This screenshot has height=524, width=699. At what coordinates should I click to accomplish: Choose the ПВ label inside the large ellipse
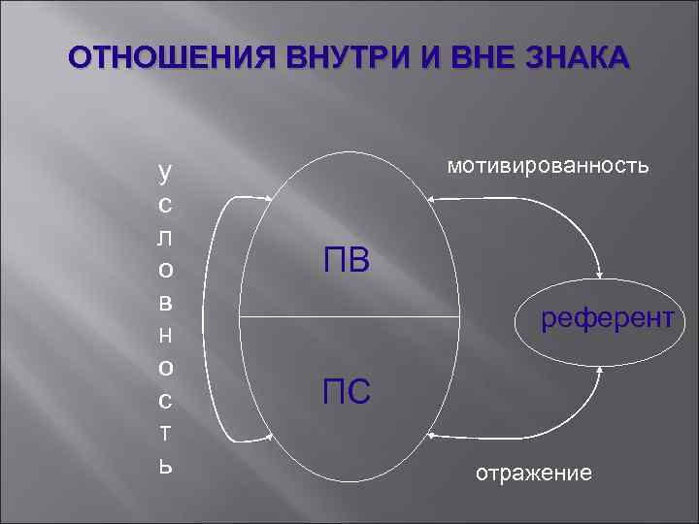(x=346, y=260)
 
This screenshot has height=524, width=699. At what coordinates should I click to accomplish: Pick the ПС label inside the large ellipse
(x=346, y=392)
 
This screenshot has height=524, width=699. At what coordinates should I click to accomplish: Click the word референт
(x=607, y=317)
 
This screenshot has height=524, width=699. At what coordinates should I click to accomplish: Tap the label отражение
(x=533, y=474)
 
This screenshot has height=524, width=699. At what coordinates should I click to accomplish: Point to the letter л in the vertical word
(x=165, y=237)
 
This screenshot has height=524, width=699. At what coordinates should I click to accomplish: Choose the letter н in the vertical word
(x=165, y=335)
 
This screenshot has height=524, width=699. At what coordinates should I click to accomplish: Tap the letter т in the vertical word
(x=165, y=432)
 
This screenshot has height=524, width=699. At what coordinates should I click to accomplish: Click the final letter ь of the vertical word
(x=165, y=465)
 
